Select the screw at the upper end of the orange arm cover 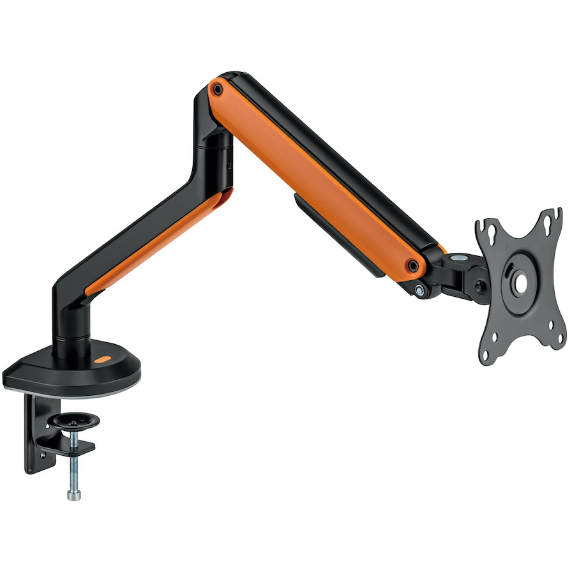(218, 89)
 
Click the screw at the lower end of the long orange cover (414, 265)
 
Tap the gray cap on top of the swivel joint (458, 257)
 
